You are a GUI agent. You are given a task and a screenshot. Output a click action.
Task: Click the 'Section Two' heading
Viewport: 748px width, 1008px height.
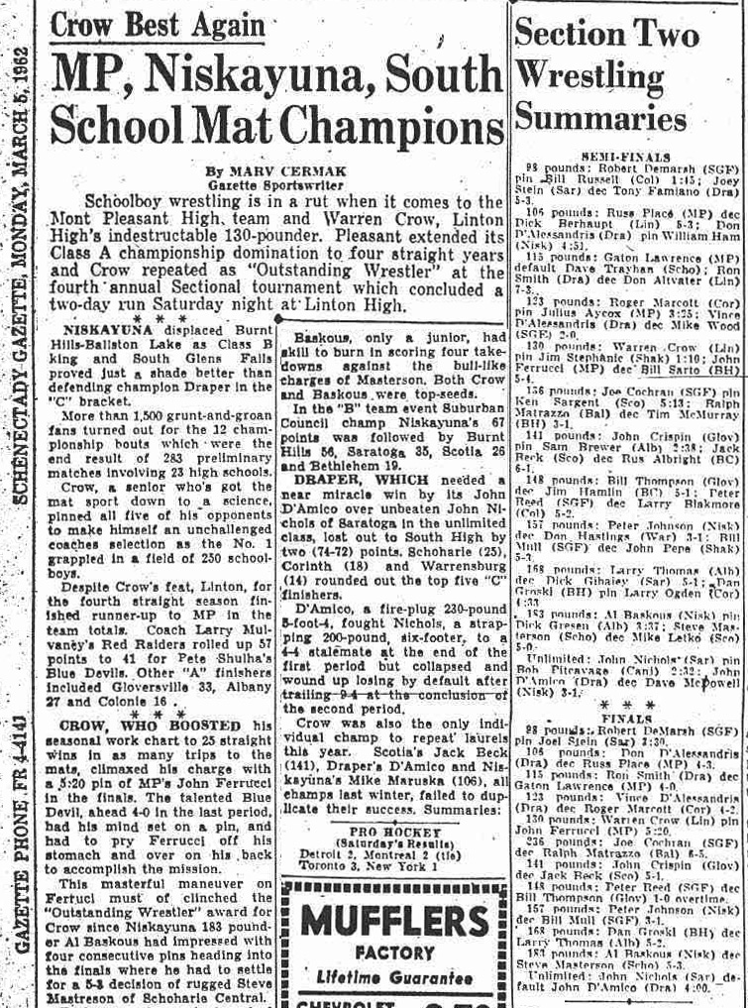coord(606,34)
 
